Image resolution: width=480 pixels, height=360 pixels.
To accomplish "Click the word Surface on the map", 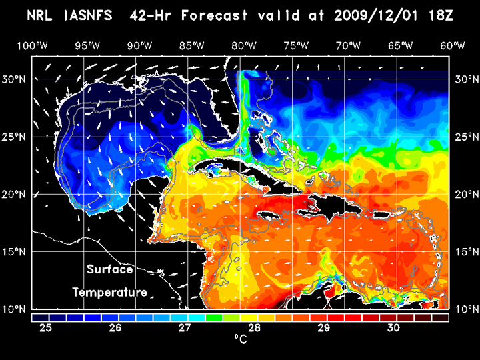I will (110, 270).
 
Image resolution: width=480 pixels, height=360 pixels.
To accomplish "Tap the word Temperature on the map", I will (110, 292).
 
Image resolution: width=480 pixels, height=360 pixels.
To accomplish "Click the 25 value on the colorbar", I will (46, 328).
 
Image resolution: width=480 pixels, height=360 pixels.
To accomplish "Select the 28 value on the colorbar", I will (254, 328).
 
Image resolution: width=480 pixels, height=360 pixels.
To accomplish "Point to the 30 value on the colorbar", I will (393, 328).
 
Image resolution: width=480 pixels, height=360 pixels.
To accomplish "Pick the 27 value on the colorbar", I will (185, 328).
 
